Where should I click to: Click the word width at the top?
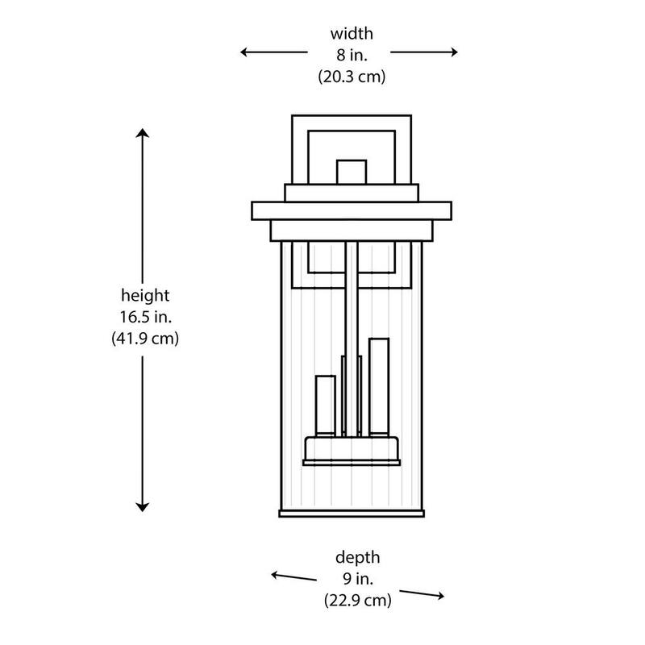[x=352, y=34]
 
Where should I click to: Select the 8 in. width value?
[x=352, y=55]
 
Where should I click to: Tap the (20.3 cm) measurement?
[x=352, y=77]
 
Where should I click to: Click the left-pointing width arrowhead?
[x=244, y=52]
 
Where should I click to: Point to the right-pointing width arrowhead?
[x=454, y=52]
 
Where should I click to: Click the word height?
[x=145, y=295]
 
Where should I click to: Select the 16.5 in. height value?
[x=146, y=317]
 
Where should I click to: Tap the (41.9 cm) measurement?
[x=145, y=339]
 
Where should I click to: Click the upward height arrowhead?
[x=143, y=132]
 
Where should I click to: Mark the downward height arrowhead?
[x=143, y=507]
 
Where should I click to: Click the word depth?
[x=357, y=558]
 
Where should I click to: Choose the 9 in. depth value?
[x=358, y=579]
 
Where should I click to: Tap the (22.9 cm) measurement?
[x=357, y=601]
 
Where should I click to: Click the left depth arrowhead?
[x=275, y=575]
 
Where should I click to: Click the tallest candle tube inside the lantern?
[x=379, y=387]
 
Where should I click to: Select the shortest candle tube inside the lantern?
[x=326, y=406]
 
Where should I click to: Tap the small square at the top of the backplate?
[x=352, y=172]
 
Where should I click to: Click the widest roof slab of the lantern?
[x=352, y=211]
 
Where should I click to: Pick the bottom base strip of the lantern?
[x=352, y=514]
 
